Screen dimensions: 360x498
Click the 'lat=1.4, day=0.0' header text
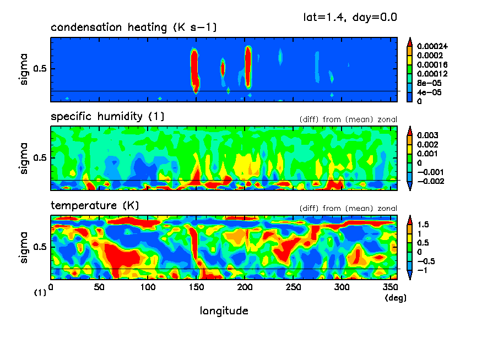coord(350,17)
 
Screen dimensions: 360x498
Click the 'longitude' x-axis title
coord(224,311)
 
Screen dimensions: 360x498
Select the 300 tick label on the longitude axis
coord(342,287)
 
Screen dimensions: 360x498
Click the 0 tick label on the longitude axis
coord(51,287)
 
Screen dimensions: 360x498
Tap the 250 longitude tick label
coord(293,287)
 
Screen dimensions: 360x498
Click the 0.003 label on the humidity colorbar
coord(426,135)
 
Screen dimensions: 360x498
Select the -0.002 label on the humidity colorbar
coord(428,181)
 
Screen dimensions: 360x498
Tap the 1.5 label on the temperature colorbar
coord(423,225)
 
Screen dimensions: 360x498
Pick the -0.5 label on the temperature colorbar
coord(425,261)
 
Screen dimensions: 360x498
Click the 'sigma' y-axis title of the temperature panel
coord(25,248)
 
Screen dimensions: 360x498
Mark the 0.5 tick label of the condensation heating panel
coord(41,69)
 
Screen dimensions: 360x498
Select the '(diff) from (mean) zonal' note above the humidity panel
coord(348,119)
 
